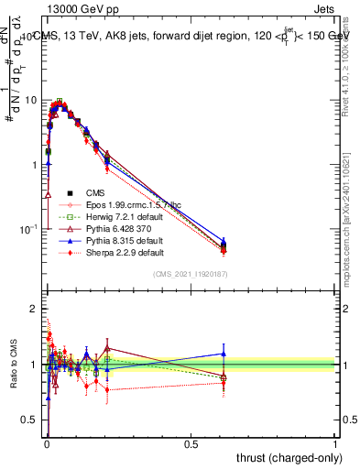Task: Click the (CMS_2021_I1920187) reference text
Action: (x=189, y=273)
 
